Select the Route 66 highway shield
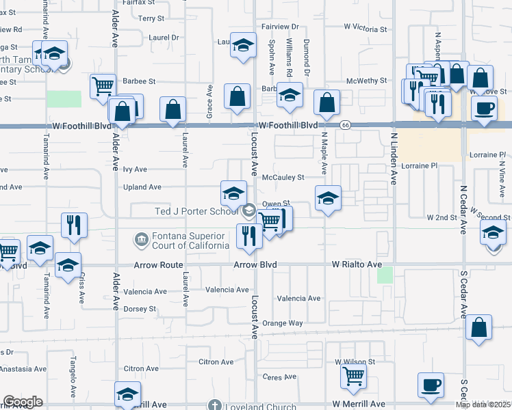[x=345, y=125]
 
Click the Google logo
[x=23, y=402]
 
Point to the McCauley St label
[x=283, y=178]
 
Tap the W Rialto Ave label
[x=357, y=264]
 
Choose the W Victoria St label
[x=366, y=28]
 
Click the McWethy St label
[x=367, y=81]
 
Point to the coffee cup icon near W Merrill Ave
[x=431, y=385]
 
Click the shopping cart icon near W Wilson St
[x=353, y=374]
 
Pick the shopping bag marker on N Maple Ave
[x=327, y=101]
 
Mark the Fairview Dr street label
[x=281, y=27]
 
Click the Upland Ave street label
[x=142, y=187]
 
